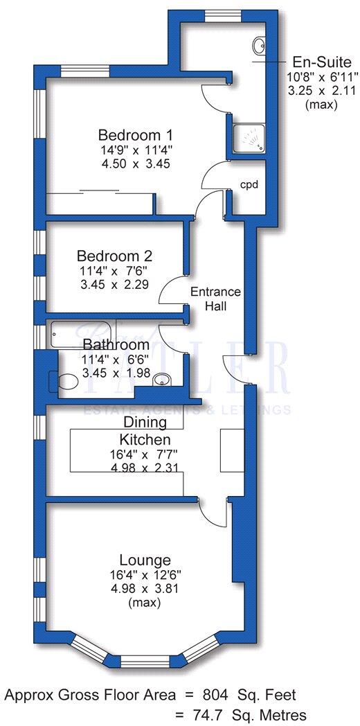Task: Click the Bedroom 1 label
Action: (135, 134)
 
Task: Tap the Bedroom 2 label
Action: (114, 255)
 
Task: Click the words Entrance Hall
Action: (215, 299)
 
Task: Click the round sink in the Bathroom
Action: (162, 380)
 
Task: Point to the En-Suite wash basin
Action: (260, 46)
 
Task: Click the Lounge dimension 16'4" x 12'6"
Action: (145, 574)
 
